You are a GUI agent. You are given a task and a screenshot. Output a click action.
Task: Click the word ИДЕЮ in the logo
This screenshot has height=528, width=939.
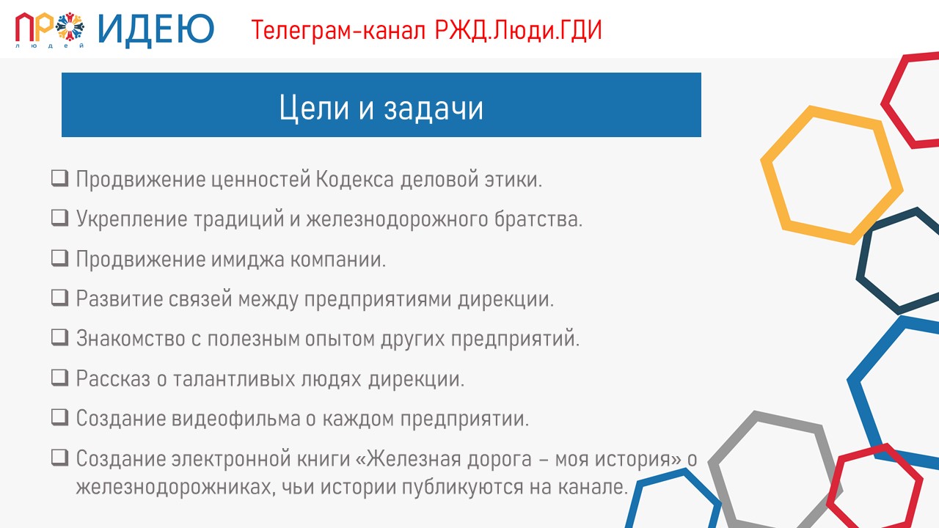tap(156, 30)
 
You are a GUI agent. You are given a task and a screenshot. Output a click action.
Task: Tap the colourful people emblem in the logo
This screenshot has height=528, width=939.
tap(70, 27)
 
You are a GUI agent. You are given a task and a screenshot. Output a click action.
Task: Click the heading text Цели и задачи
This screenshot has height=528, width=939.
tap(381, 108)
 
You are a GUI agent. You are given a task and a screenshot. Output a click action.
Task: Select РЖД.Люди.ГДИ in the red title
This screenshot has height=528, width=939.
tap(518, 30)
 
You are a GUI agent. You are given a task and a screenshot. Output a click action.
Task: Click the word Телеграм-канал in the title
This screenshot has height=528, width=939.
tap(338, 31)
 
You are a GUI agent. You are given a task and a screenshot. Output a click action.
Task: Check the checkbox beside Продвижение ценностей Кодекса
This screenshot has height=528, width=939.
tap(60, 178)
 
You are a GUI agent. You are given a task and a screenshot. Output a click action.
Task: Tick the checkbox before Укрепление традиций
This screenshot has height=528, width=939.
tap(60, 218)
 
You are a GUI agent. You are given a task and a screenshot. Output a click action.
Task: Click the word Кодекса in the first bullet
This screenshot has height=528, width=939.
tap(354, 180)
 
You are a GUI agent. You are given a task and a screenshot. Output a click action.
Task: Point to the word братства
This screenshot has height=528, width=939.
tap(538, 219)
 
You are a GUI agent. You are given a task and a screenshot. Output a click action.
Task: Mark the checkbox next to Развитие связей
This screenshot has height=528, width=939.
tap(60, 298)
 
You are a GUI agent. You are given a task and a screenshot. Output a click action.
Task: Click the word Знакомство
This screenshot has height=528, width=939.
tap(131, 339)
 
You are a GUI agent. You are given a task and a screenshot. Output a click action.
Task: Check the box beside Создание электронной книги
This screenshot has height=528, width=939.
tap(60, 457)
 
